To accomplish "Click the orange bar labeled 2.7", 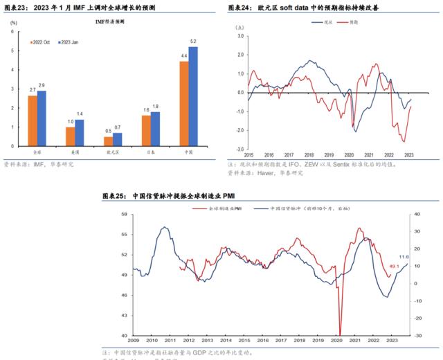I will (x=33, y=120).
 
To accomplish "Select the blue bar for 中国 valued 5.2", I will (x=193, y=96).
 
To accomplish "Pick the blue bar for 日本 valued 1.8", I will (x=155, y=129).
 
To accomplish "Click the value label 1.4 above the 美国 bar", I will (x=80, y=114).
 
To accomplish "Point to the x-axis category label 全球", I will (x=37, y=151).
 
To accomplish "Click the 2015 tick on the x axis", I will (x=248, y=155).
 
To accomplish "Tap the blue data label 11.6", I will (x=404, y=257).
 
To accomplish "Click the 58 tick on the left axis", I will (x=125, y=215).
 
